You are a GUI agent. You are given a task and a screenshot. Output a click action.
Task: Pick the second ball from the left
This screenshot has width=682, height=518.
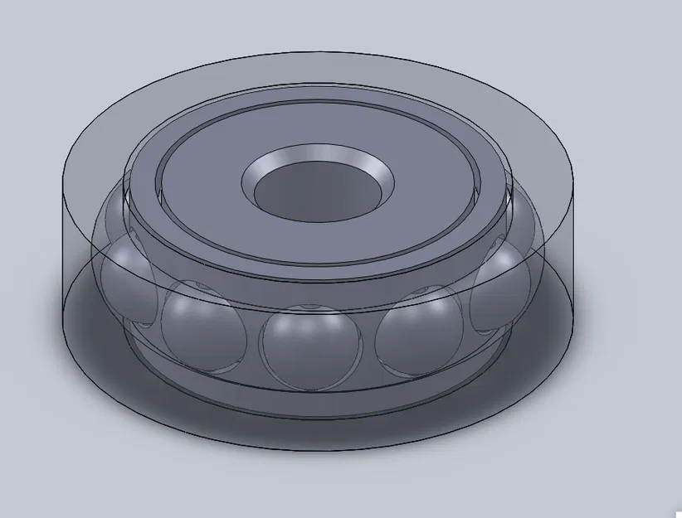(x=202, y=323)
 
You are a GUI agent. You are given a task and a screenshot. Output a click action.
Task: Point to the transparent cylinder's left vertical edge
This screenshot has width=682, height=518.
(x=65, y=240)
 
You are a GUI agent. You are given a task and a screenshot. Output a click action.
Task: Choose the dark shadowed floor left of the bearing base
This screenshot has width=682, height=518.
(x=91, y=332)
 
